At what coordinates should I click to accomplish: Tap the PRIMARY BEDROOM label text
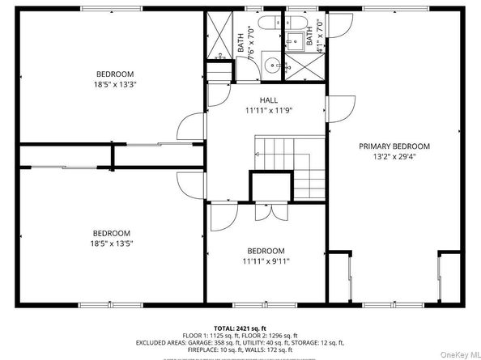coord(394,146)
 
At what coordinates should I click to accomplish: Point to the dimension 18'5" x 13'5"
coord(109,243)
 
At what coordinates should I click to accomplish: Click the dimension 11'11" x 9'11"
coord(265,260)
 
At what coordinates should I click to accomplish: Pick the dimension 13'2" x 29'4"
coord(394,157)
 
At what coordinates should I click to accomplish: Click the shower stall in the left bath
coord(218,36)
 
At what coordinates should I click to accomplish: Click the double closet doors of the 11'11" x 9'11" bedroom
coord(265,212)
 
